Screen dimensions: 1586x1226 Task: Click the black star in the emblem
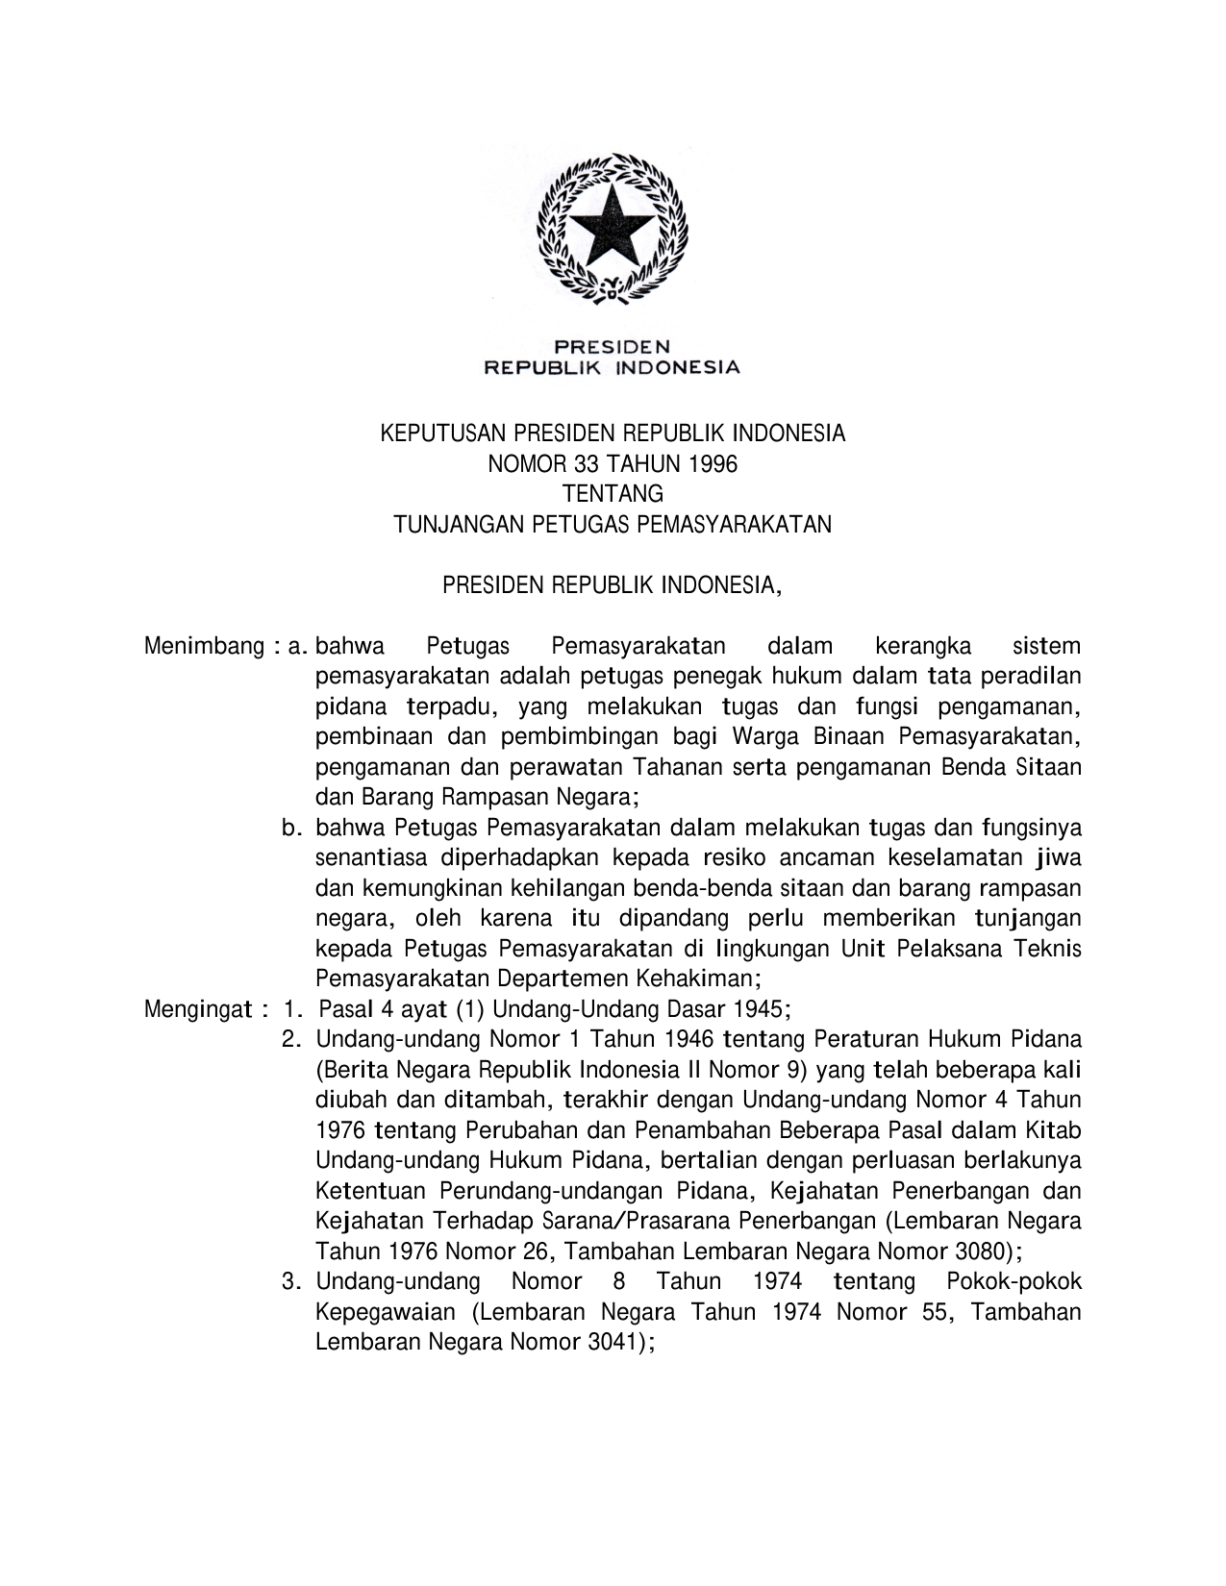[x=612, y=228]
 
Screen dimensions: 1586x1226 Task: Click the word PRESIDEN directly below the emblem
[x=612, y=346]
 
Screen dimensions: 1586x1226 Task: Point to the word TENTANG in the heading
[x=613, y=494]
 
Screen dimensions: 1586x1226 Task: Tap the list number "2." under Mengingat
[x=291, y=1039]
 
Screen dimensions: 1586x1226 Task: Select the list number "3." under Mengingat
[x=291, y=1281]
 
